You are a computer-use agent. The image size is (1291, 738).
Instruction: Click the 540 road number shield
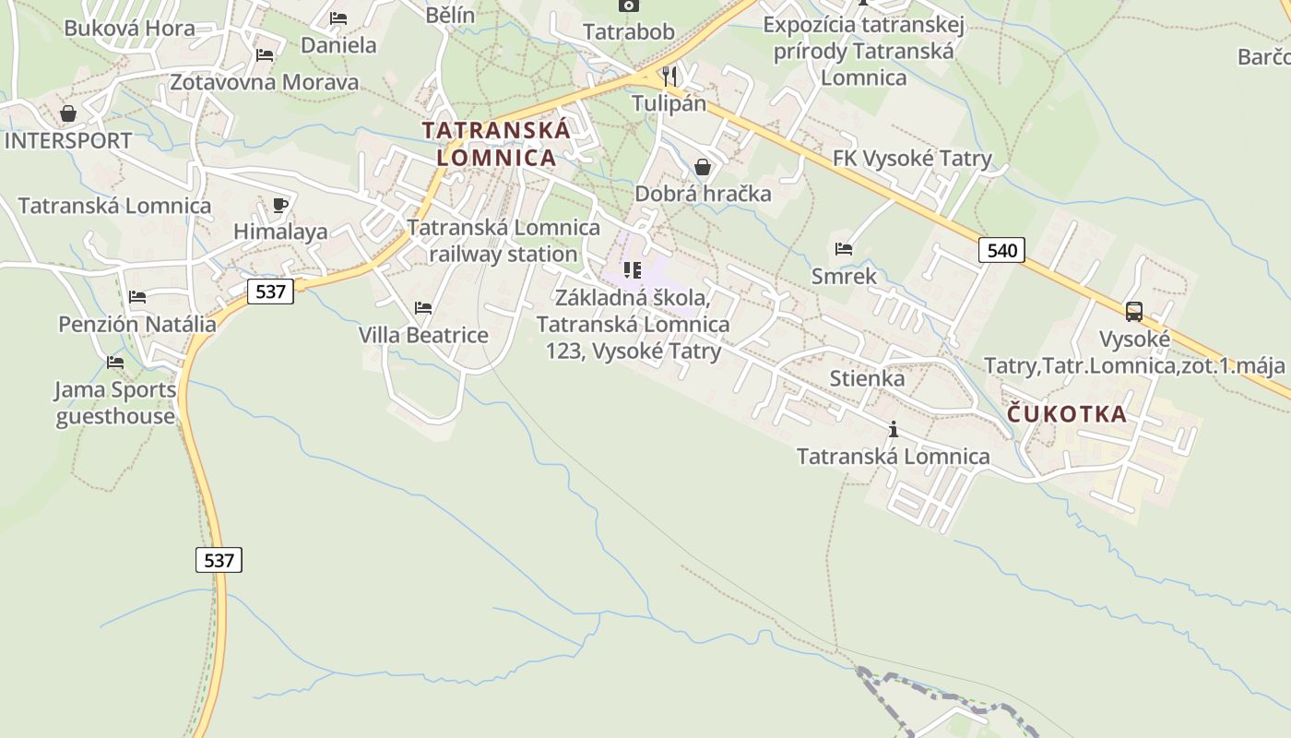[1001, 250]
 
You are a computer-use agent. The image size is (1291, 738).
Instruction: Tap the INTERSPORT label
[68, 141]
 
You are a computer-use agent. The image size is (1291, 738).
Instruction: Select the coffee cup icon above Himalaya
[280, 205]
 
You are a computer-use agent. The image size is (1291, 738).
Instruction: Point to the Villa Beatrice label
[423, 335]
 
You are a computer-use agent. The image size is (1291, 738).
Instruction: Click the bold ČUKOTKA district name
[1067, 413]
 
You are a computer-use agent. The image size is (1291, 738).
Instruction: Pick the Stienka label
[867, 378]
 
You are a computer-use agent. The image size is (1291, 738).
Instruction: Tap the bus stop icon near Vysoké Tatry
[1134, 312]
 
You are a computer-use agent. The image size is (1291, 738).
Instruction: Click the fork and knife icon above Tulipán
[669, 76]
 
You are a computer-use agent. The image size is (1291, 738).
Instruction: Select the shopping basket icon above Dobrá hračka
[703, 167]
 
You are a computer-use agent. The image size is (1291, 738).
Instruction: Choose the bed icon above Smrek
[843, 248]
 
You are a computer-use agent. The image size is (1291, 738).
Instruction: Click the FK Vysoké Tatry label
[911, 159]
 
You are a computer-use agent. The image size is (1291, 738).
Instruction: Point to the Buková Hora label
[129, 28]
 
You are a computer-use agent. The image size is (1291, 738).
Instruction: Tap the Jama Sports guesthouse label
[115, 403]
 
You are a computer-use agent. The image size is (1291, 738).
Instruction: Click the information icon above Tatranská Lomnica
[893, 429]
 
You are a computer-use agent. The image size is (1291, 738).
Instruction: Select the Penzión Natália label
[137, 324]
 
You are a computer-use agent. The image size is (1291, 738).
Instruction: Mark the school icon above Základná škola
[632, 269]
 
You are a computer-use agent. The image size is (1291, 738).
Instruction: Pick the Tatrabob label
[629, 31]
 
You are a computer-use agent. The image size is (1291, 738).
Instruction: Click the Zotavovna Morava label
[264, 82]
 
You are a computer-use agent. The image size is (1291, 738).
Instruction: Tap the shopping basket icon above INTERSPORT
[68, 114]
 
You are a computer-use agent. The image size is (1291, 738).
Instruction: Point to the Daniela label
[338, 45]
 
